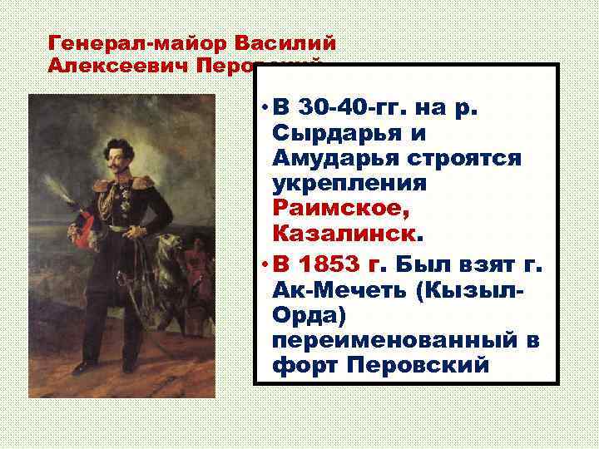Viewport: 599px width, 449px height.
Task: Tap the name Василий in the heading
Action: pyautogui.click(x=285, y=42)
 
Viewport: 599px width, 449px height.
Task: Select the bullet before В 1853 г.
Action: pyautogui.click(x=262, y=263)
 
